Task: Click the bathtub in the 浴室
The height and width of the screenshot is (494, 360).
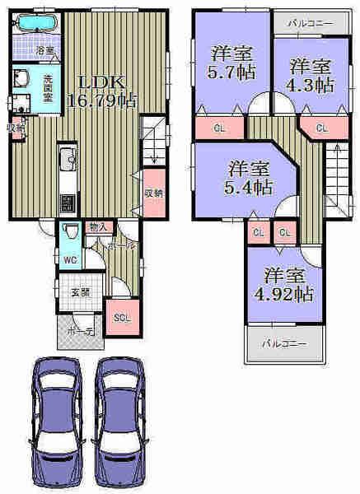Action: pos(35,22)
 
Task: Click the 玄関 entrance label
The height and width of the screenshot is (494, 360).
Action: pos(78,290)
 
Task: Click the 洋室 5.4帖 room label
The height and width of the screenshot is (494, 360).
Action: pos(248,178)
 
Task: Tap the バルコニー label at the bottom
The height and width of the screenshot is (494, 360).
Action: pos(285,343)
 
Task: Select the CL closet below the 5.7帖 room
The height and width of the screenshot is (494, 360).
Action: pos(219,128)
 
